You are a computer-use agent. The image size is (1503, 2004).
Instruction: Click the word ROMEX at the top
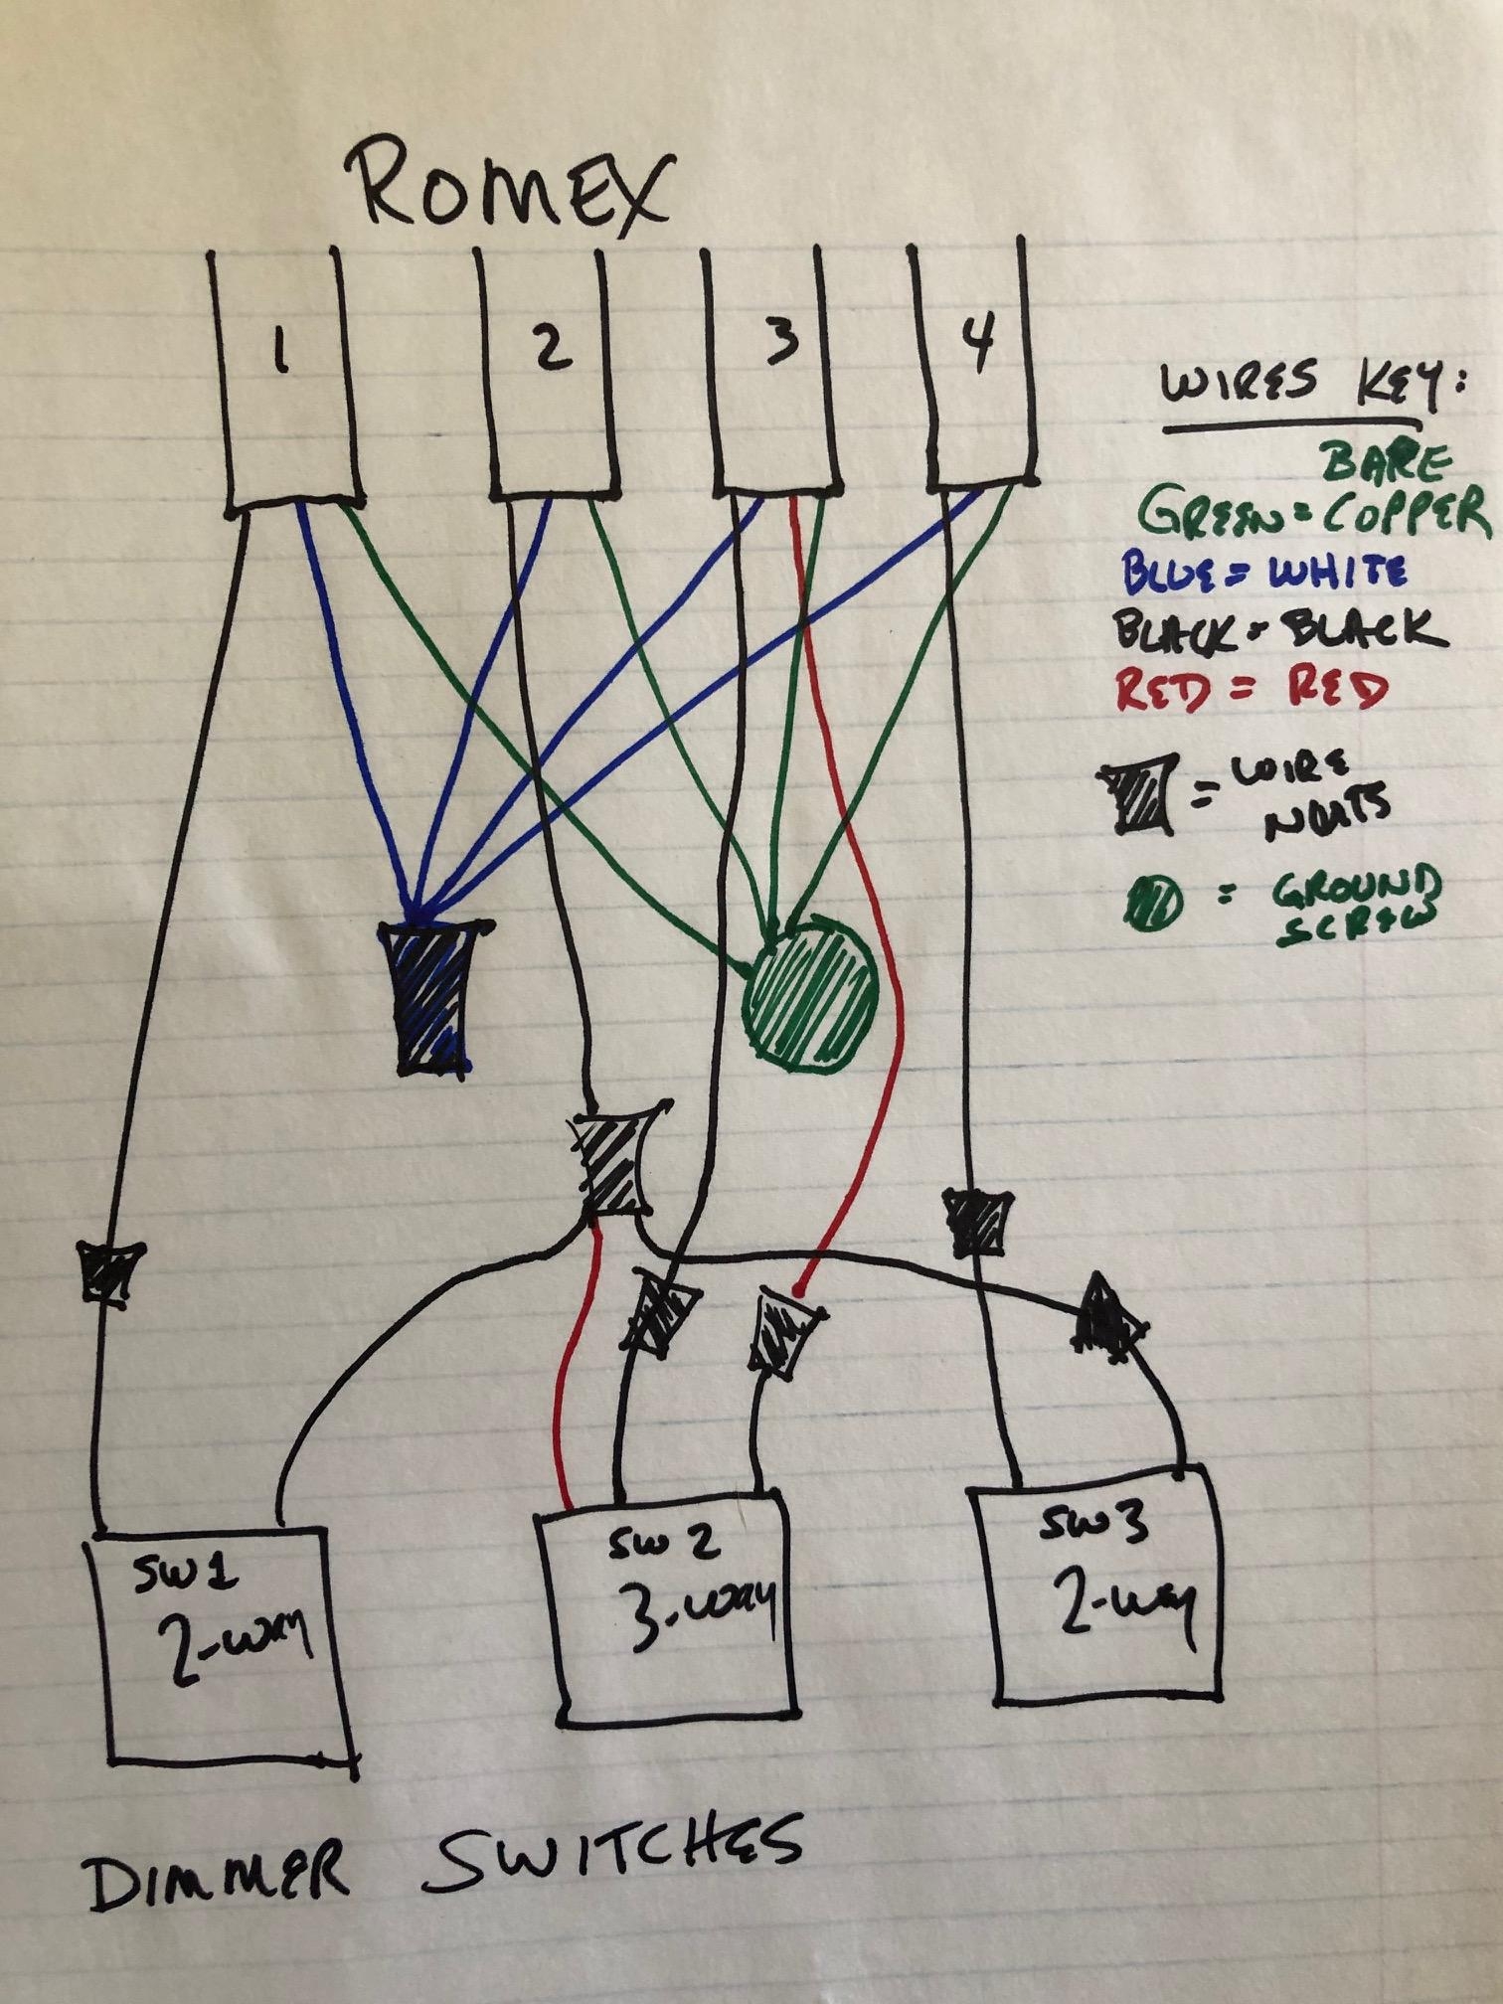click(x=509, y=190)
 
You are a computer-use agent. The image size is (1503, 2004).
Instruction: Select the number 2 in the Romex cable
click(x=551, y=348)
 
